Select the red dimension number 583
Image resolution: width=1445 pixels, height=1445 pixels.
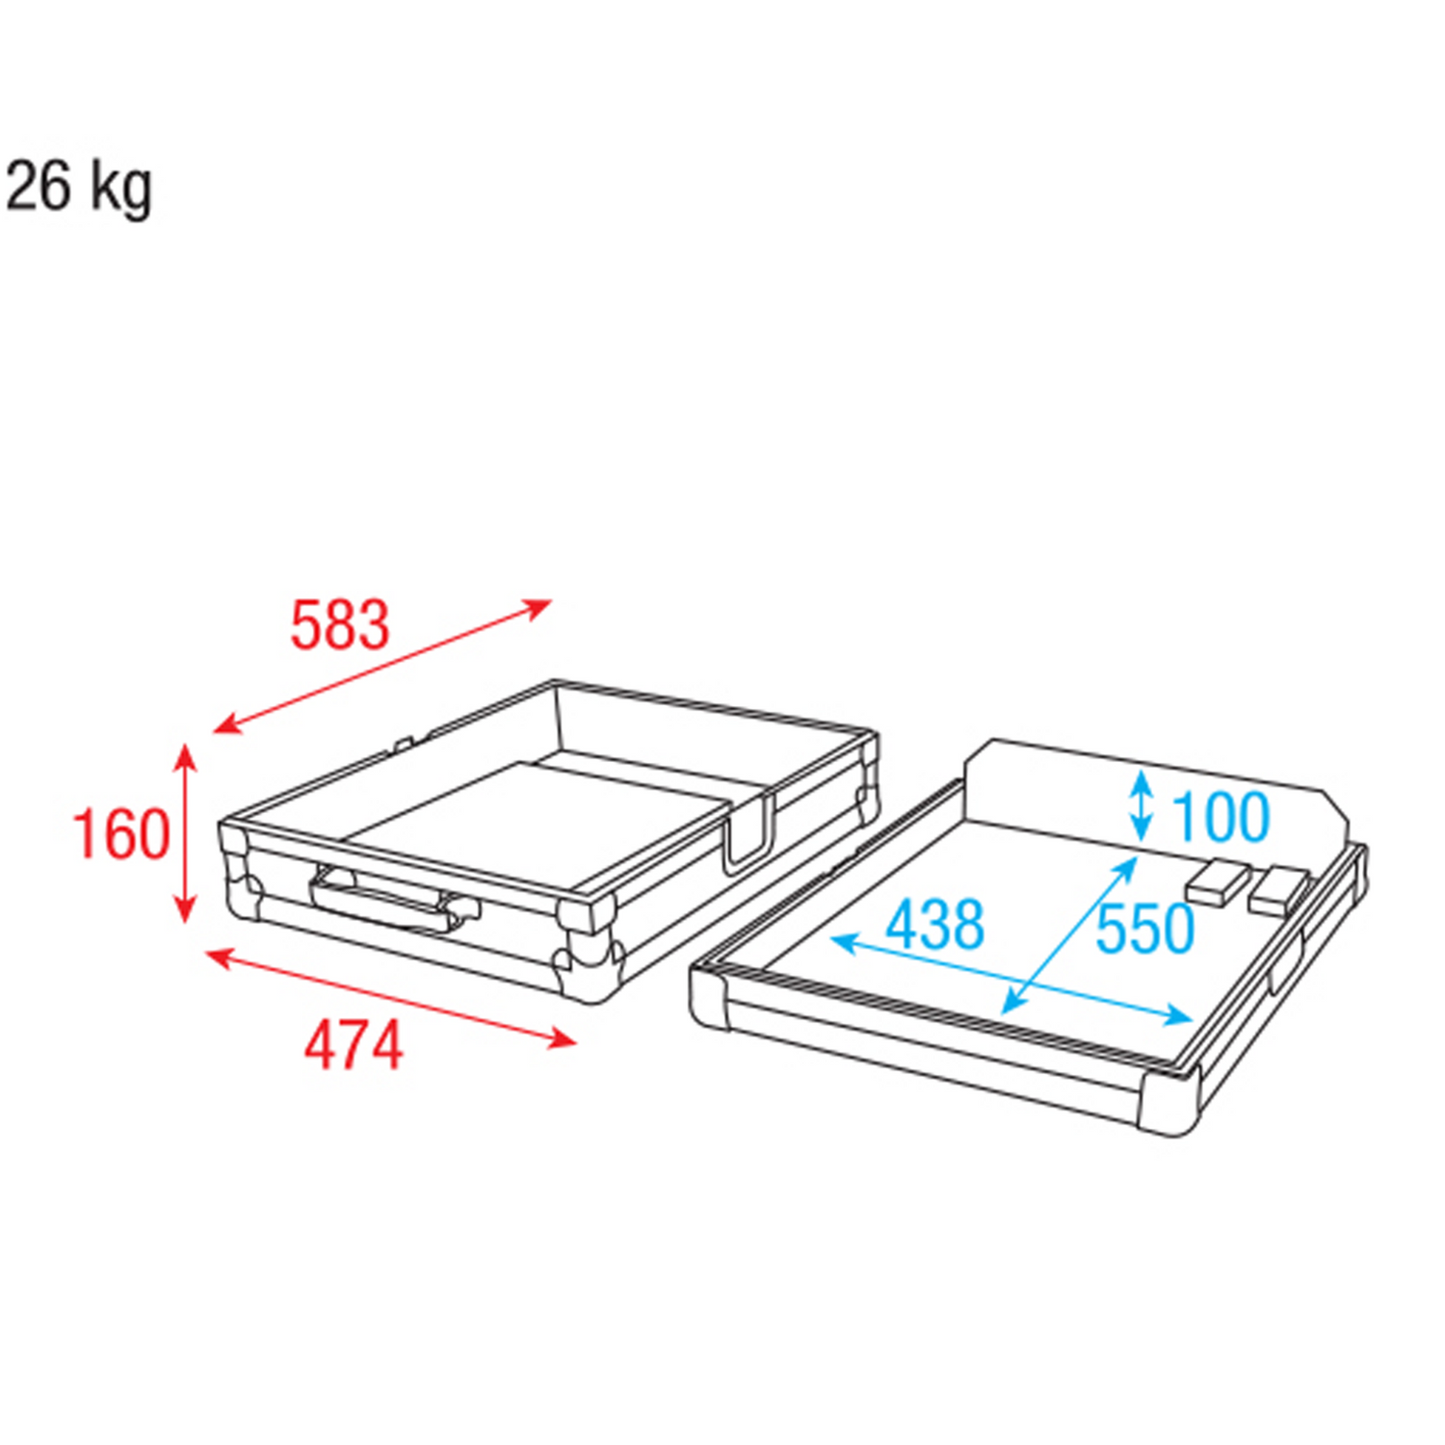340,625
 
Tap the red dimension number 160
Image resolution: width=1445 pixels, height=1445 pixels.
121,834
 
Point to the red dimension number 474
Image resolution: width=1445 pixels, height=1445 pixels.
354,1046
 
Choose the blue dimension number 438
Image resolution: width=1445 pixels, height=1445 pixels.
934,925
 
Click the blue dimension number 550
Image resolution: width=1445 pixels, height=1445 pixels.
1145,930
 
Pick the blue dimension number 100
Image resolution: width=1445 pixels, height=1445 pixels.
1221,817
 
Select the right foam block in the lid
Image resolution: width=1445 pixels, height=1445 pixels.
1280,889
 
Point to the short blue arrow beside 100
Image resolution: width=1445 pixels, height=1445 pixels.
1142,805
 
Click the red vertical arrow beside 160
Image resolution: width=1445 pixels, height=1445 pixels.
185,834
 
